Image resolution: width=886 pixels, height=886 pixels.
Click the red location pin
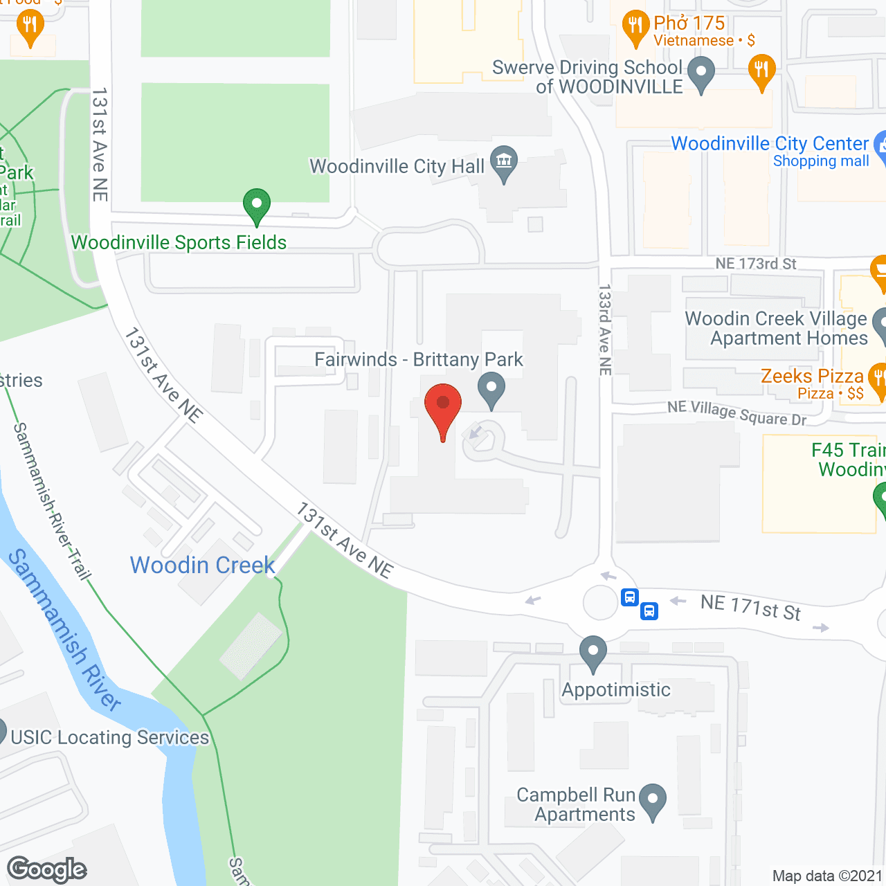click(x=442, y=408)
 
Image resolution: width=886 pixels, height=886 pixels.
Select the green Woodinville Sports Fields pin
click(x=257, y=206)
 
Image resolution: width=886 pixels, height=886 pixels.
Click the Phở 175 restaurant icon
click(x=635, y=28)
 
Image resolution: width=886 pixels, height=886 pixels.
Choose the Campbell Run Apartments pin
click(x=652, y=801)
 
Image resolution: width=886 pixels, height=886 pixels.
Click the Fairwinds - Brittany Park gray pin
click(x=491, y=389)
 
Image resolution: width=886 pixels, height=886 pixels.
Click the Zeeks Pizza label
click(x=812, y=377)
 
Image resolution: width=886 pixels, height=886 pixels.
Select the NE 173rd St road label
click(x=756, y=264)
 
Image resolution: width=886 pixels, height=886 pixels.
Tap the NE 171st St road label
click(x=750, y=608)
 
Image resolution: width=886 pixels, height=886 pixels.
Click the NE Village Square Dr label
click(x=736, y=413)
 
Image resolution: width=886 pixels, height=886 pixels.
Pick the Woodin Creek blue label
click(x=203, y=566)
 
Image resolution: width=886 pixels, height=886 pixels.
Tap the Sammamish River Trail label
click(x=52, y=502)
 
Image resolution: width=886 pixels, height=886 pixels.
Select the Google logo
click(x=46, y=870)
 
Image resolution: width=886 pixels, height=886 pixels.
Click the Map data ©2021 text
click(x=827, y=876)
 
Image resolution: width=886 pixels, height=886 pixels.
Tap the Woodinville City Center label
click(x=770, y=144)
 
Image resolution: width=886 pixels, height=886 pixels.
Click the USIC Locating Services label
click(x=109, y=738)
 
